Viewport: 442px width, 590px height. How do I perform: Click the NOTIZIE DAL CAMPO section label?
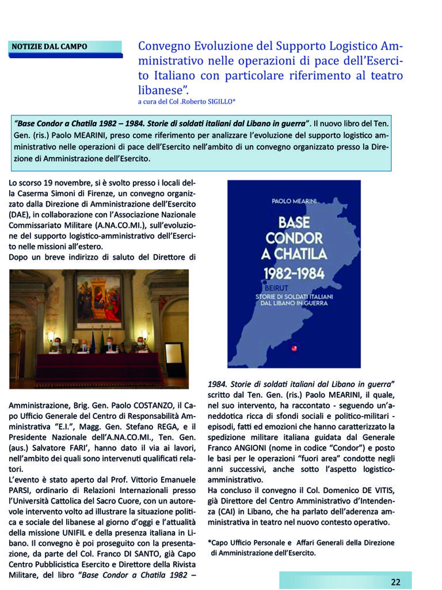(49, 46)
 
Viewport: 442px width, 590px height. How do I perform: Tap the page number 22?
(395, 581)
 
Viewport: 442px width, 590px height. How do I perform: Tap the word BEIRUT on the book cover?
(276, 286)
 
